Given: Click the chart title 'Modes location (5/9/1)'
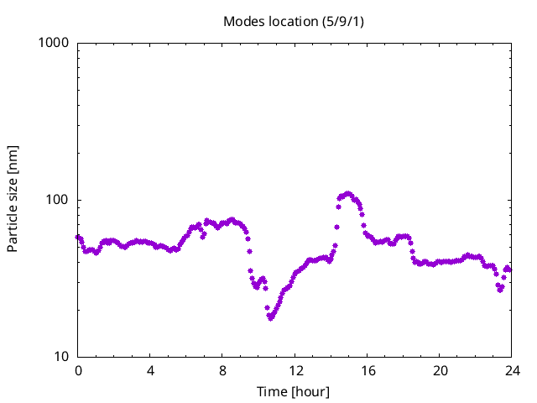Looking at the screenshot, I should click(x=294, y=21).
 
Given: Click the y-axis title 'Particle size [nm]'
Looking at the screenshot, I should click(x=13, y=199).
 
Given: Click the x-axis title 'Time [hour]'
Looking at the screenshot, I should click(x=294, y=392).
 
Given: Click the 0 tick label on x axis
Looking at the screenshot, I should click(x=78, y=371).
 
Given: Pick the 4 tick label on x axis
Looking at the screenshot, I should click(x=150, y=371).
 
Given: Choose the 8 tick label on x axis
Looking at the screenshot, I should click(x=222, y=371).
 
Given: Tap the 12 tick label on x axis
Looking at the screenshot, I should click(x=295, y=371).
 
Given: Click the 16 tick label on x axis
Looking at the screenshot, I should click(x=368, y=371).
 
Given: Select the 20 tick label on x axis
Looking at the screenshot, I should click(x=440, y=371).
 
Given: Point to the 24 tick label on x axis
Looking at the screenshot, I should click(x=512, y=371).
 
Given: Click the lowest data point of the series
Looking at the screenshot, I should click(x=270, y=318).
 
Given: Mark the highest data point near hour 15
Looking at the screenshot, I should click(x=348, y=193).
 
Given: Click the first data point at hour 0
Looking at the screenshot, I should click(x=78, y=237).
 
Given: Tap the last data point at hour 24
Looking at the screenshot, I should click(x=509, y=270).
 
